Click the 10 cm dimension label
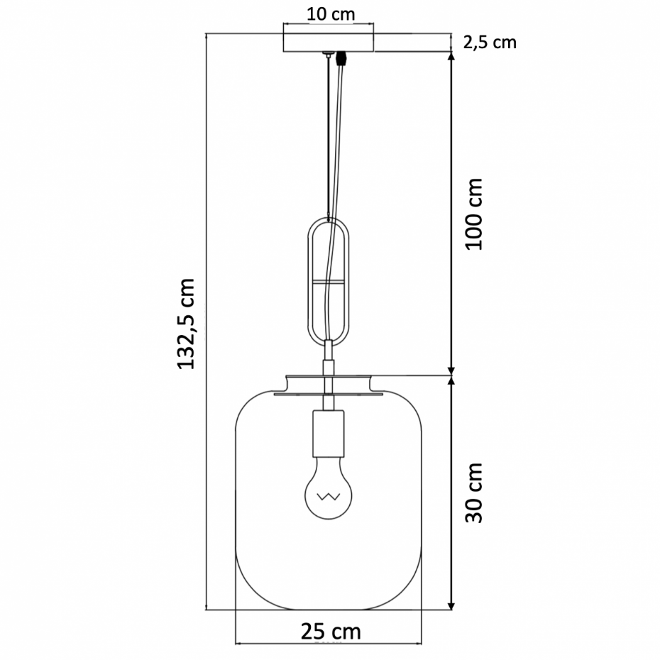tap(331, 14)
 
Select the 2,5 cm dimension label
tap(490, 43)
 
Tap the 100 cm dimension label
tap(474, 214)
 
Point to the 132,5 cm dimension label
tap(186, 324)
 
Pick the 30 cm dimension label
tap(474, 493)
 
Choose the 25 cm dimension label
tap(331, 632)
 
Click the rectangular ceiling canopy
tap(329, 43)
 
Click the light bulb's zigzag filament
tap(329, 497)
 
